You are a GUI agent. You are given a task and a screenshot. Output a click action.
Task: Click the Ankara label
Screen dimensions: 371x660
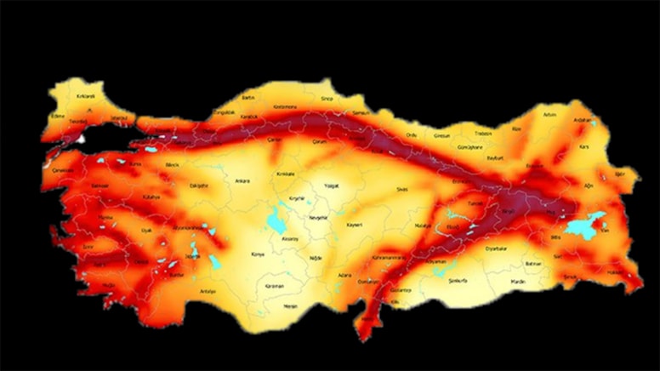click(x=242, y=180)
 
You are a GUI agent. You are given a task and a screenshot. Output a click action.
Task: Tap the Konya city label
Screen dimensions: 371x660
click(x=258, y=254)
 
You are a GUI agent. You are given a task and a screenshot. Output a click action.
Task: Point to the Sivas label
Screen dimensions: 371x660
click(x=402, y=189)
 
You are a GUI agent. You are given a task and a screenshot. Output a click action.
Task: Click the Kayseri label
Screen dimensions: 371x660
click(x=355, y=225)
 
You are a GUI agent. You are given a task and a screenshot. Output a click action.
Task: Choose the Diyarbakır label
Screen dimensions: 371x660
click(x=496, y=248)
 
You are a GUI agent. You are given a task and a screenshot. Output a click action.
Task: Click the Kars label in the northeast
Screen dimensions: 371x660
click(x=584, y=146)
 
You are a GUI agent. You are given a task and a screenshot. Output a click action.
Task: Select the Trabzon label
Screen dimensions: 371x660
click(x=483, y=133)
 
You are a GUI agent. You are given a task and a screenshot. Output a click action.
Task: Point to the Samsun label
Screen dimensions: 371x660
click(x=362, y=112)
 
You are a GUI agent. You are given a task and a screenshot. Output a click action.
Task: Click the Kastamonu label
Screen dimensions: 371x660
click(x=285, y=106)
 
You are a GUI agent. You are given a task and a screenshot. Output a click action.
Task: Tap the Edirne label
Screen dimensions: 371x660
click(x=58, y=116)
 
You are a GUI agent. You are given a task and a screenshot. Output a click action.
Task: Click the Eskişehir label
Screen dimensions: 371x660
click(x=198, y=183)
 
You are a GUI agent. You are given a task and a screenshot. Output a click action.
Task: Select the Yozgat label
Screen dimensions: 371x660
click(x=328, y=183)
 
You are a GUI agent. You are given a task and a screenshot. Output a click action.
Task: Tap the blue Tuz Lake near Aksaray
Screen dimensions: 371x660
click(x=276, y=223)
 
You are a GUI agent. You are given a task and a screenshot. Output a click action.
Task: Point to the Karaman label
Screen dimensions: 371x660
click(x=274, y=287)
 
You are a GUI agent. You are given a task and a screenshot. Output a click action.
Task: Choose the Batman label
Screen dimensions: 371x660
click(x=533, y=265)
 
